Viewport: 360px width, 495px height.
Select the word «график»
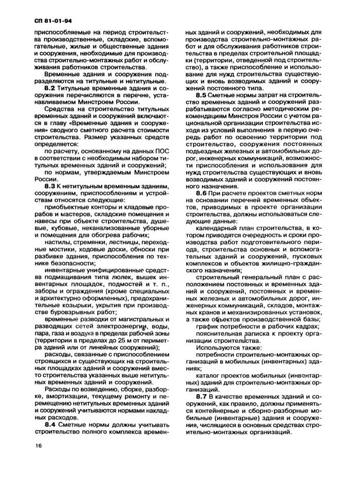(x=208, y=325)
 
